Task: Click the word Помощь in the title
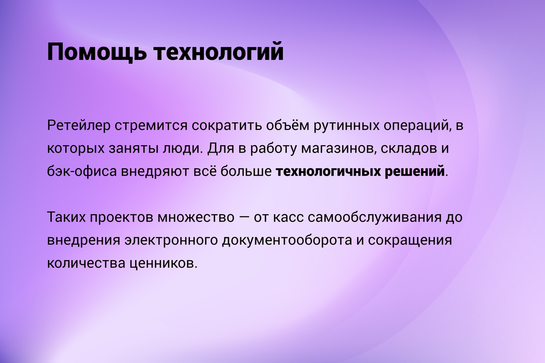tap(97, 52)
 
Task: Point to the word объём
tap(287, 125)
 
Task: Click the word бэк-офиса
tap(82, 171)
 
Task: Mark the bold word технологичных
tap(328, 171)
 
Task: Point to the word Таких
tap(66, 216)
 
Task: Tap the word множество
tap(196, 217)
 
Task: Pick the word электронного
tap(171, 240)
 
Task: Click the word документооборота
tap(287, 240)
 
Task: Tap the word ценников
tap(163, 263)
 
